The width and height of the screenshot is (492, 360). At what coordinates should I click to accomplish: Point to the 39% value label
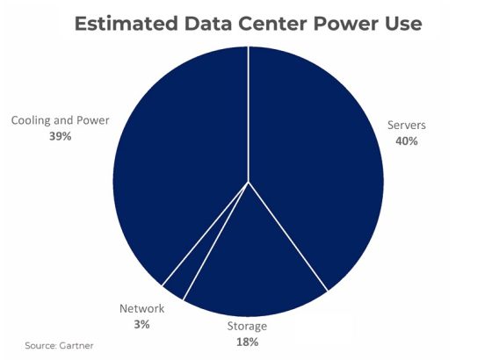pyautogui.click(x=61, y=136)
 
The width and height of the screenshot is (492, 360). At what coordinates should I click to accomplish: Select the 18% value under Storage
pyautogui.click(x=246, y=342)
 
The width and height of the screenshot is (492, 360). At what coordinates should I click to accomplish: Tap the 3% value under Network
pyautogui.click(x=141, y=324)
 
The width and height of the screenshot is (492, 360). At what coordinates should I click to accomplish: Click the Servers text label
pyautogui.click(x=408, y=126)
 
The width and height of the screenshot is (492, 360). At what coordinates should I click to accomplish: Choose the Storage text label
pyautogui.click(x=246, y=327)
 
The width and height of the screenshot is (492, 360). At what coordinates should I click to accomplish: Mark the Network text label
pyautogui.click(x=141, y=309)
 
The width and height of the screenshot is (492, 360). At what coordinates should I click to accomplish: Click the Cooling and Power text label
pyautogui.click(x=61, y=120)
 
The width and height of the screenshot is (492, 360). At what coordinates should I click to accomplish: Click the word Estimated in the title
pyautogui.click(x=121, y=24)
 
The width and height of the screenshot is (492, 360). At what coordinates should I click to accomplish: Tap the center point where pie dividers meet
pyautogui.click(x=249, y=182)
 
